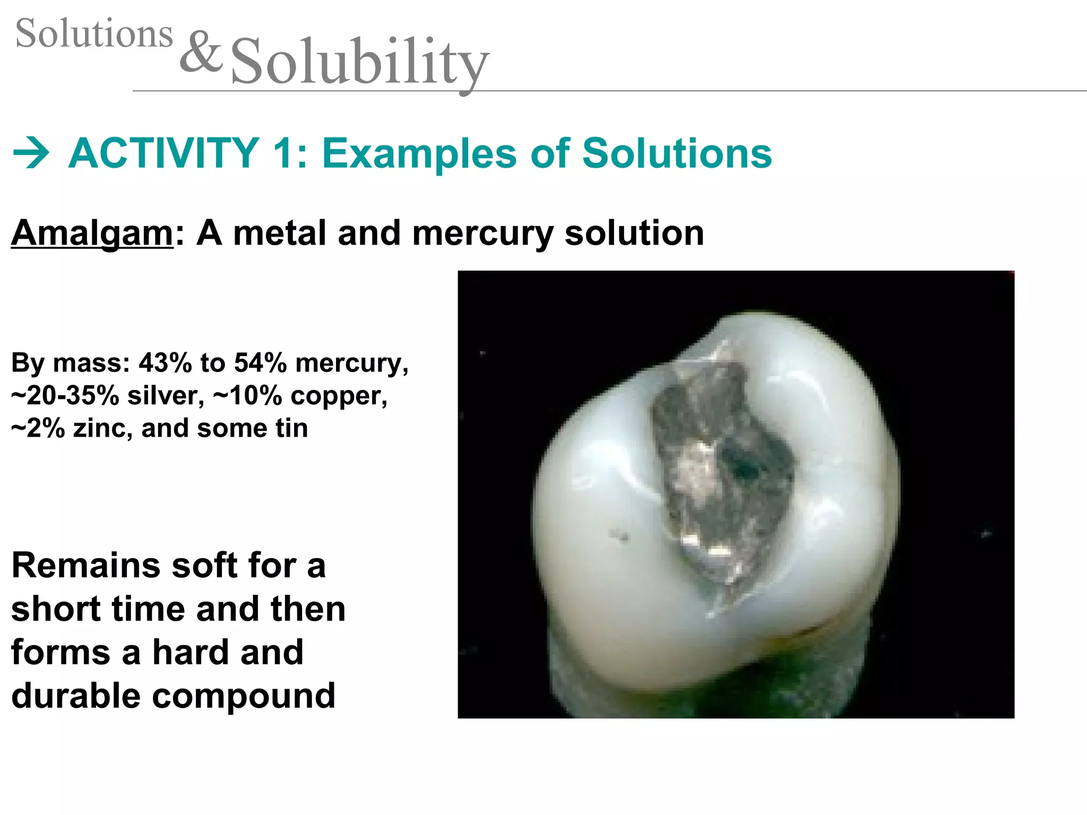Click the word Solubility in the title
pyautogui.click(x=359, y=63)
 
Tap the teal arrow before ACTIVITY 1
pyautogui.click(x=31, y=153)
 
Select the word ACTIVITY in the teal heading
pyautogui.click(x=164, y=153)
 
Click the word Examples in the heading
pyautogui.click(x=420, y=153)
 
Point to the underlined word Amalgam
pyautogui.click(x=92, y=233)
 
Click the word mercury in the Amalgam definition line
pyautogui.click(x=482, y=233)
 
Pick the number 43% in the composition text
pyautogui.click(x=165, y=363)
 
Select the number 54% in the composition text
pyautogui.click(x=260, y=363)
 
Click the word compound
pyautogui.click(x=244, y=696)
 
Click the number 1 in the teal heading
pyautogui.click(x=283, y=153)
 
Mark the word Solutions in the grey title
pyautogui.click(x=94, y=33)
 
